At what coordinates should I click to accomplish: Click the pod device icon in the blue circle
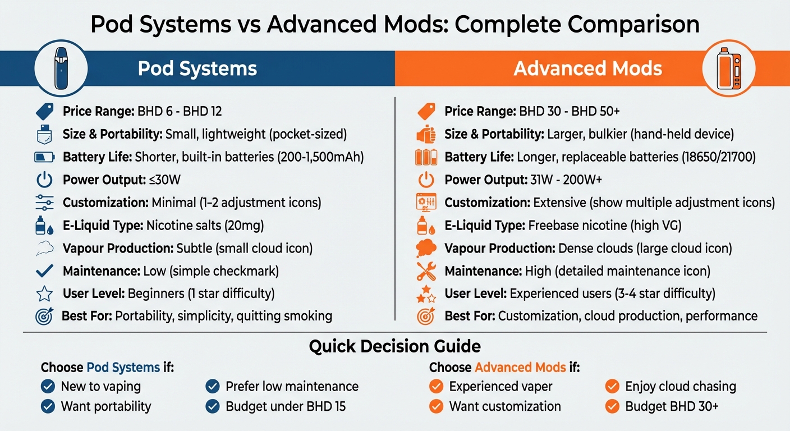[61, 68]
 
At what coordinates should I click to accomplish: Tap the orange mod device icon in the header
[728, 68]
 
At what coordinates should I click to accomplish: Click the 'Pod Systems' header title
[197, 68]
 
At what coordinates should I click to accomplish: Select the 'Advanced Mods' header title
[587, 68]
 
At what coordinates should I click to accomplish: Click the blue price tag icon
[44, 111]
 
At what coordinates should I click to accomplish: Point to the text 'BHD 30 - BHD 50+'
[569, 111]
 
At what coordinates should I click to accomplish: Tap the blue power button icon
[44, 180]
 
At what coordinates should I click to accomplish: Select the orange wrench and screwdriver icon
[426, 271]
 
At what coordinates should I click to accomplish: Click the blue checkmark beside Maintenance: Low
[44, 271]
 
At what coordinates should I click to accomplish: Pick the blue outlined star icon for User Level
[44, 294]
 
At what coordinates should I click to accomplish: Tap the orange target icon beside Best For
[426, 316]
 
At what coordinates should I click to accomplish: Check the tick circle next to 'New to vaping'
[48, 386]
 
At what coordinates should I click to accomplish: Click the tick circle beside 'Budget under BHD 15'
[213, 406]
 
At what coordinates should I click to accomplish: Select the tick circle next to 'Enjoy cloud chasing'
[612, 386]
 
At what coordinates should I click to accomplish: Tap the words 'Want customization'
[505, 406]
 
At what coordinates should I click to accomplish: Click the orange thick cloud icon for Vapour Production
[426, 248]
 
